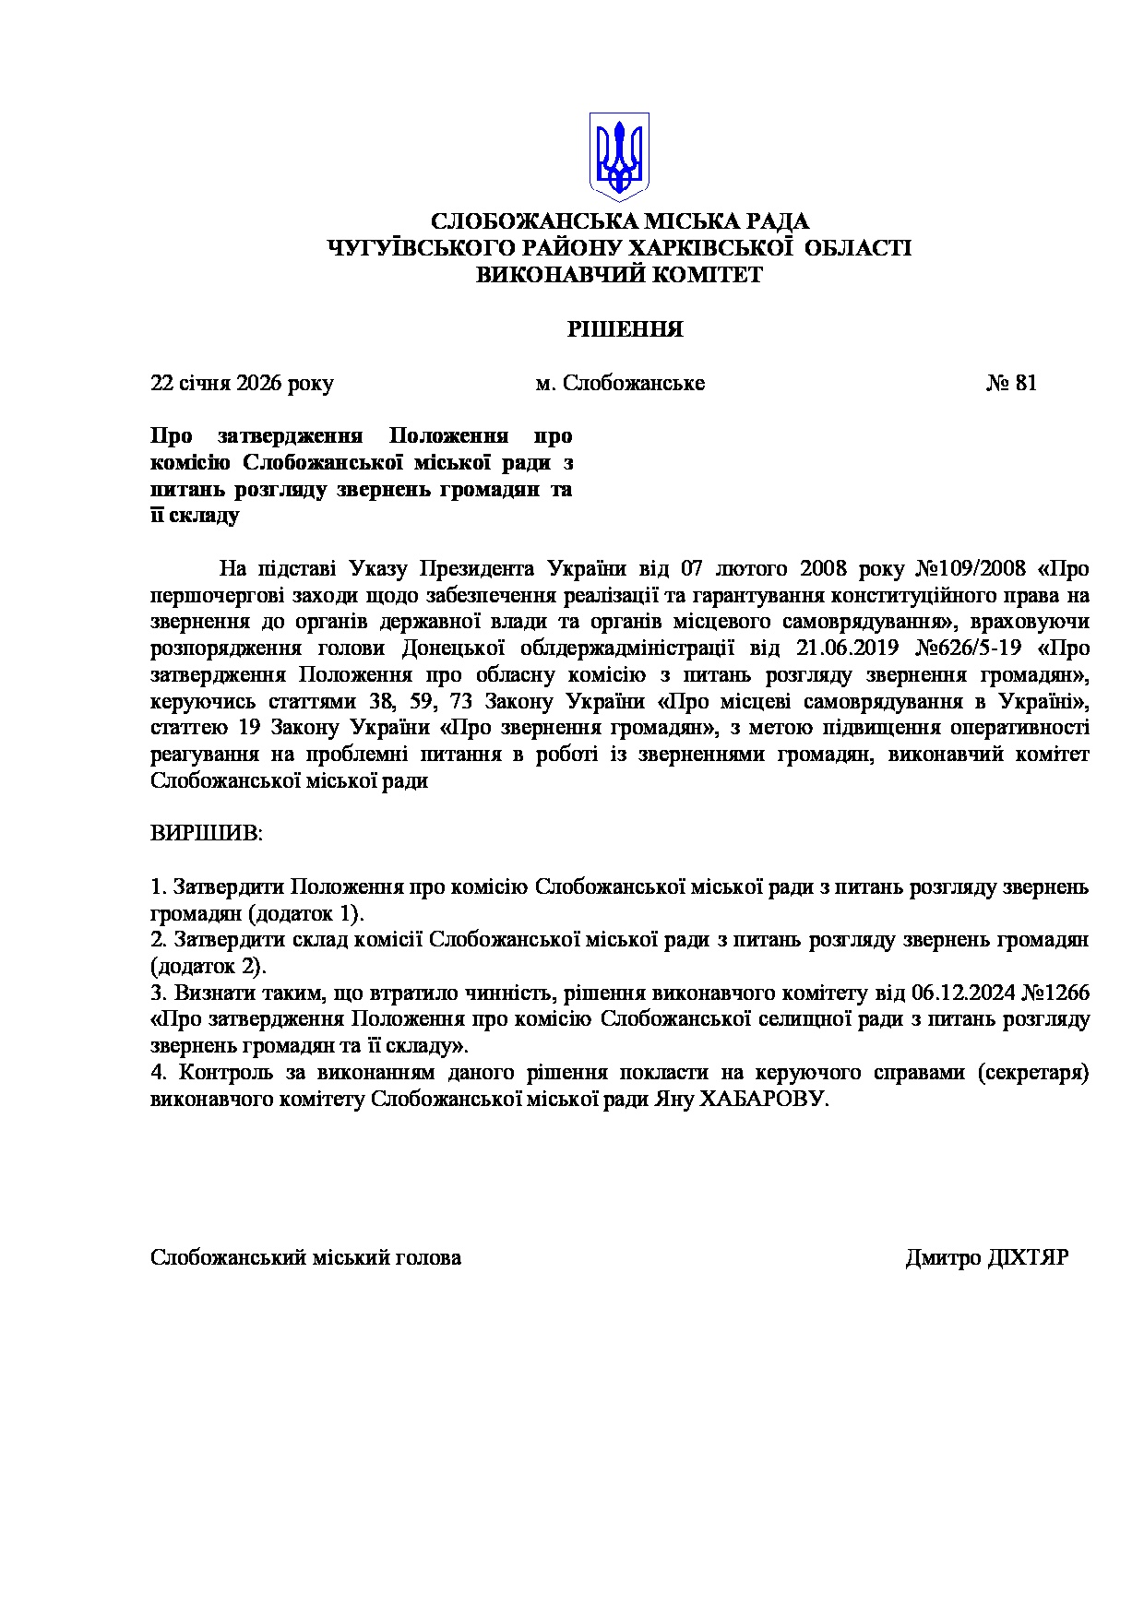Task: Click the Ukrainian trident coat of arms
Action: coord(619,157)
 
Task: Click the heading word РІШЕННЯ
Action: coord(625,329)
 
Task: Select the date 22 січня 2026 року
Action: coord(242,383)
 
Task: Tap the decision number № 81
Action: coord(1011,383)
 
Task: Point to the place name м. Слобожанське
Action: coord(620,383)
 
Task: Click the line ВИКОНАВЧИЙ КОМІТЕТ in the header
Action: coord(619,275)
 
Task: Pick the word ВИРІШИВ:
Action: coord(207,834)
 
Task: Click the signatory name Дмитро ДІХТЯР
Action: coord(986,1258)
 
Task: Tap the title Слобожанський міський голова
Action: coord(305,1258)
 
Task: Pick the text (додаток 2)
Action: coord(209,967)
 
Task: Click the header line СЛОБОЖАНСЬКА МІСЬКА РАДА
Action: coord(620,221)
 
